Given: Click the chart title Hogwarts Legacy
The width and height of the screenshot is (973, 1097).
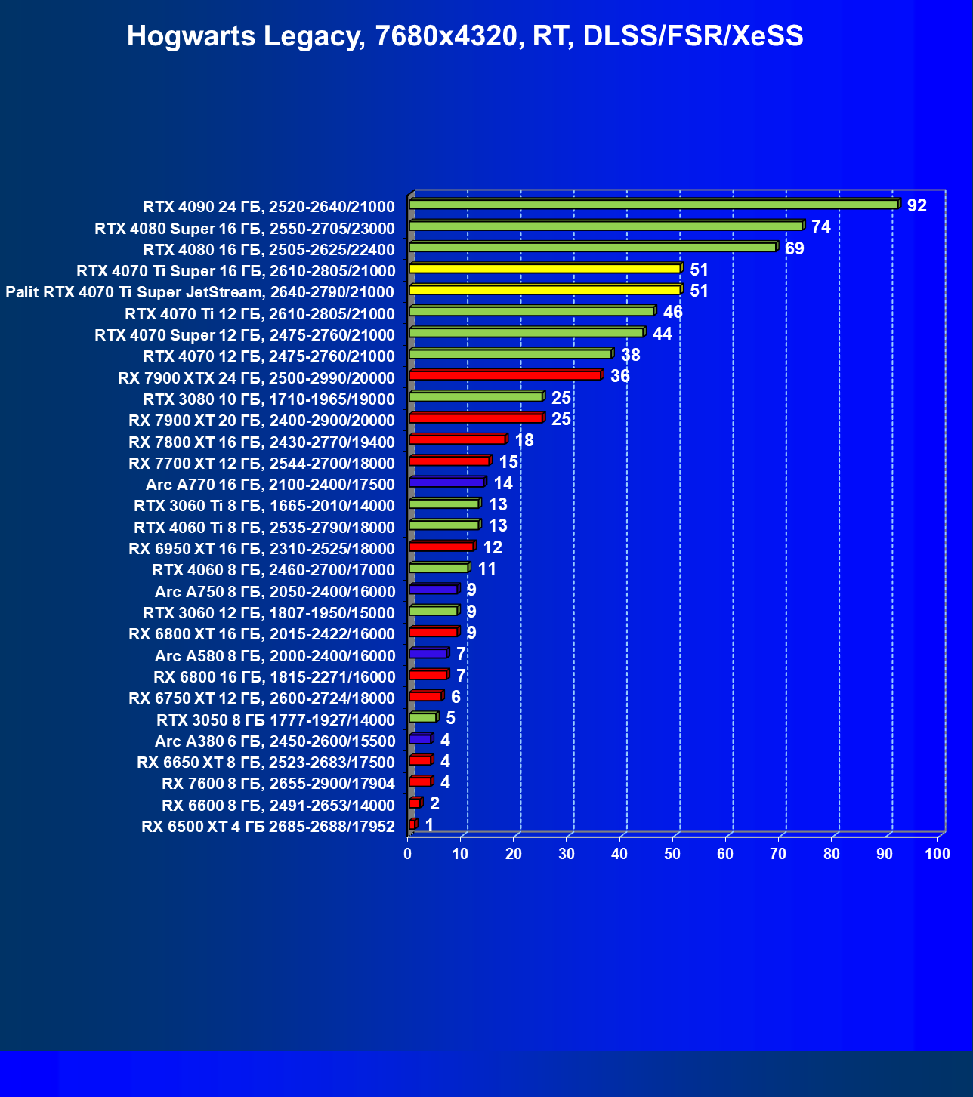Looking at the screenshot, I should click(x=465, y=35).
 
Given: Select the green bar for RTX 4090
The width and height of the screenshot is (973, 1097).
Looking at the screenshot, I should click(x=653, y=204).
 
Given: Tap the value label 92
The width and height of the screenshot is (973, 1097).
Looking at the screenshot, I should click(x=916, y=205).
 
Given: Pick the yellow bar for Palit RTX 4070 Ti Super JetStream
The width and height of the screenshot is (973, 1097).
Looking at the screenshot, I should click(x=545, y=289).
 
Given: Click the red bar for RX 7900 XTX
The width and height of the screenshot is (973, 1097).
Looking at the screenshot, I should click(x=505, y=375).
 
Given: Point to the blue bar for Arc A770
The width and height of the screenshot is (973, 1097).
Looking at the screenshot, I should click(x=446, y=482).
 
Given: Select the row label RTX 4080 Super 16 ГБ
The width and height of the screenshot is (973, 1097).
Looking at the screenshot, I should click(x=245, y=228).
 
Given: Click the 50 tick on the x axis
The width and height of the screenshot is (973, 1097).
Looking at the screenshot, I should click(x=672, y=854).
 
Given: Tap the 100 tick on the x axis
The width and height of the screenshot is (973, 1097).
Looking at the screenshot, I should click(x=937, y=854).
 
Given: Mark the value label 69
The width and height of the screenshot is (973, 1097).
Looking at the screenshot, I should click(x=795, y=248).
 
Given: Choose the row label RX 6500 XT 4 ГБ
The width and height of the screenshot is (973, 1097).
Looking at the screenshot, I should click(x=268, y=827).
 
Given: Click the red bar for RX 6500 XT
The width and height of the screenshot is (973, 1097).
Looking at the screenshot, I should click(x=412, y=824).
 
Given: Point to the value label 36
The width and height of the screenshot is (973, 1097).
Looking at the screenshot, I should click(x=620, y=376).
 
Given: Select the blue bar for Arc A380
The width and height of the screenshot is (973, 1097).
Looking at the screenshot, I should click(x=420, y=738).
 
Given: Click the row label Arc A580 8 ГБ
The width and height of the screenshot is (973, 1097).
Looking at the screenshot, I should click(x=275, y=655).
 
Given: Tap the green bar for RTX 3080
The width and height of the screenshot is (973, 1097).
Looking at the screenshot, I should click(x=476, y=396).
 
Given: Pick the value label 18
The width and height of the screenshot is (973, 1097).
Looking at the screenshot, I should click(x=524, y=440).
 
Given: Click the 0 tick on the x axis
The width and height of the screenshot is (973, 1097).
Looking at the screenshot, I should click(x=408, y=854).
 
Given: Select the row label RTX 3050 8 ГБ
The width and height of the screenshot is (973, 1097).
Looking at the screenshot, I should click(x=276, y=720).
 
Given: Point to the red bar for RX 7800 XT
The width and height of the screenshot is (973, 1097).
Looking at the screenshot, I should click(x=457, y=439).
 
